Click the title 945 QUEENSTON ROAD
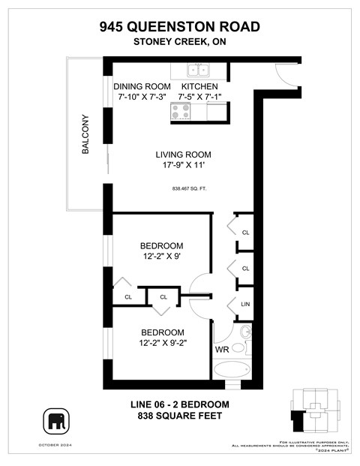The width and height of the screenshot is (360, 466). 180,27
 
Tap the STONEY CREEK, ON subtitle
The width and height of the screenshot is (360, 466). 180,42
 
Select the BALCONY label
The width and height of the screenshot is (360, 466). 85,134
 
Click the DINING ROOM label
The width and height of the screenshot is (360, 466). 143,86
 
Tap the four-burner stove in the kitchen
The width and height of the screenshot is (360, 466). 181,113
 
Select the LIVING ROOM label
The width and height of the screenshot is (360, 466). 181,155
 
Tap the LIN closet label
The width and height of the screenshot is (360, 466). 245,303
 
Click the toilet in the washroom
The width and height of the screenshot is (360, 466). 246,333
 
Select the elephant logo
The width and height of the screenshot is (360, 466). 58,421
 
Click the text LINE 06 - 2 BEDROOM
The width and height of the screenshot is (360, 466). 180,404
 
